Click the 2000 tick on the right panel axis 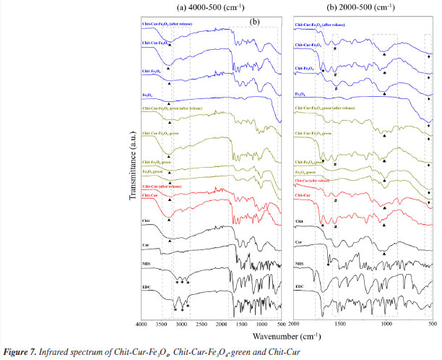(294, 325)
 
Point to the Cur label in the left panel (147, 246)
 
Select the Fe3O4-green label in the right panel (308, 171)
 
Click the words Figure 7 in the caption (17, 351)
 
